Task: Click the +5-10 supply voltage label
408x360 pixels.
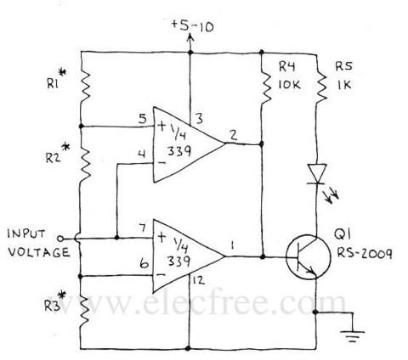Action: (x=193, y=26)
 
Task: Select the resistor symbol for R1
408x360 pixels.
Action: (x=85, y=87)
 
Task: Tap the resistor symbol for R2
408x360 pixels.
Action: (x=86, y=164)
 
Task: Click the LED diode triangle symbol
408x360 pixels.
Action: (x=317, y=174)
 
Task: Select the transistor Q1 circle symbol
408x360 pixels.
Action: (x=309, y=257)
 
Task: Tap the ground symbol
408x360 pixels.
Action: (x=353, y=335)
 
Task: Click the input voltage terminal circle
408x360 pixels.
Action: (x=60, y=239)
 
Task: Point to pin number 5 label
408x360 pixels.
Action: (x=142, y=119)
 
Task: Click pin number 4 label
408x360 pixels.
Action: (x=142, y=155)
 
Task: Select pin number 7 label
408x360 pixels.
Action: (x=143, y=228)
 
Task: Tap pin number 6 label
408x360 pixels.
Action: (x=144, y=264)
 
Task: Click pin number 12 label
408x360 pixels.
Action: (x=198, y=280)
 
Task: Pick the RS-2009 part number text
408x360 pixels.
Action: (x=365, y=253)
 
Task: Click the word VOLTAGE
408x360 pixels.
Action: (x=38, y=252)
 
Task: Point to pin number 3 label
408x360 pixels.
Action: (x=200, y=119)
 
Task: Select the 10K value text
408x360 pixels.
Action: (x=289, y=85)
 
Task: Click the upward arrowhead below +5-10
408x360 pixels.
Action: (x=190, y=38)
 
